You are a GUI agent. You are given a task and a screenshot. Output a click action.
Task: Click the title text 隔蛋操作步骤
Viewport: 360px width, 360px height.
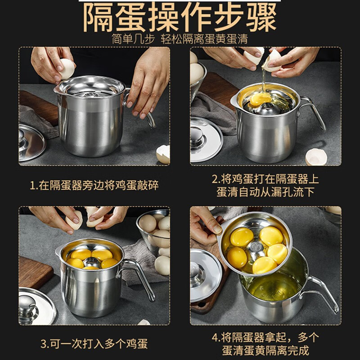pyautogui.click(x=180, y=17)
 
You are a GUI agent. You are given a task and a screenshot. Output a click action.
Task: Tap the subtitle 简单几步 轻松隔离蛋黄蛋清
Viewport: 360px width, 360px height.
pyautogui.click(x=180, y=39)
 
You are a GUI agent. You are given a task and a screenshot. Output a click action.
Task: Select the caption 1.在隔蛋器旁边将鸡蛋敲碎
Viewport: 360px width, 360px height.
pyautogui.click(x=94, y=185)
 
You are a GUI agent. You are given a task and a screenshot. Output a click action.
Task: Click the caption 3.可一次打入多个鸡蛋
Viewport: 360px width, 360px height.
pyautogui.click(x=94, y=344)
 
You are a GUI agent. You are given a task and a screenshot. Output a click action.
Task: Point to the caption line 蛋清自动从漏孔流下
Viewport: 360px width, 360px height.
pyautogui.click(x=265, y=192)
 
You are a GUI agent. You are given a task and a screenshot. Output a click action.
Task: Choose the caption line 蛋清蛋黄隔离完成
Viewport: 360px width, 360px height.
pyautogui.click(x=265, y=351)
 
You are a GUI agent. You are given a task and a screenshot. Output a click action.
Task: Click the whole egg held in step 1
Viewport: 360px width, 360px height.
pyautogui.click(x=67, y=68)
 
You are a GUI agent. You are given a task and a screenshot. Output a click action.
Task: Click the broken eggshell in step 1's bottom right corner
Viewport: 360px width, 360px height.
pyautogui.click(x=163, y=154)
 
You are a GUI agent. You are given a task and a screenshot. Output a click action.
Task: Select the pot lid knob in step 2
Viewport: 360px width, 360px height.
pyautogui.click(x=197, y=135)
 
